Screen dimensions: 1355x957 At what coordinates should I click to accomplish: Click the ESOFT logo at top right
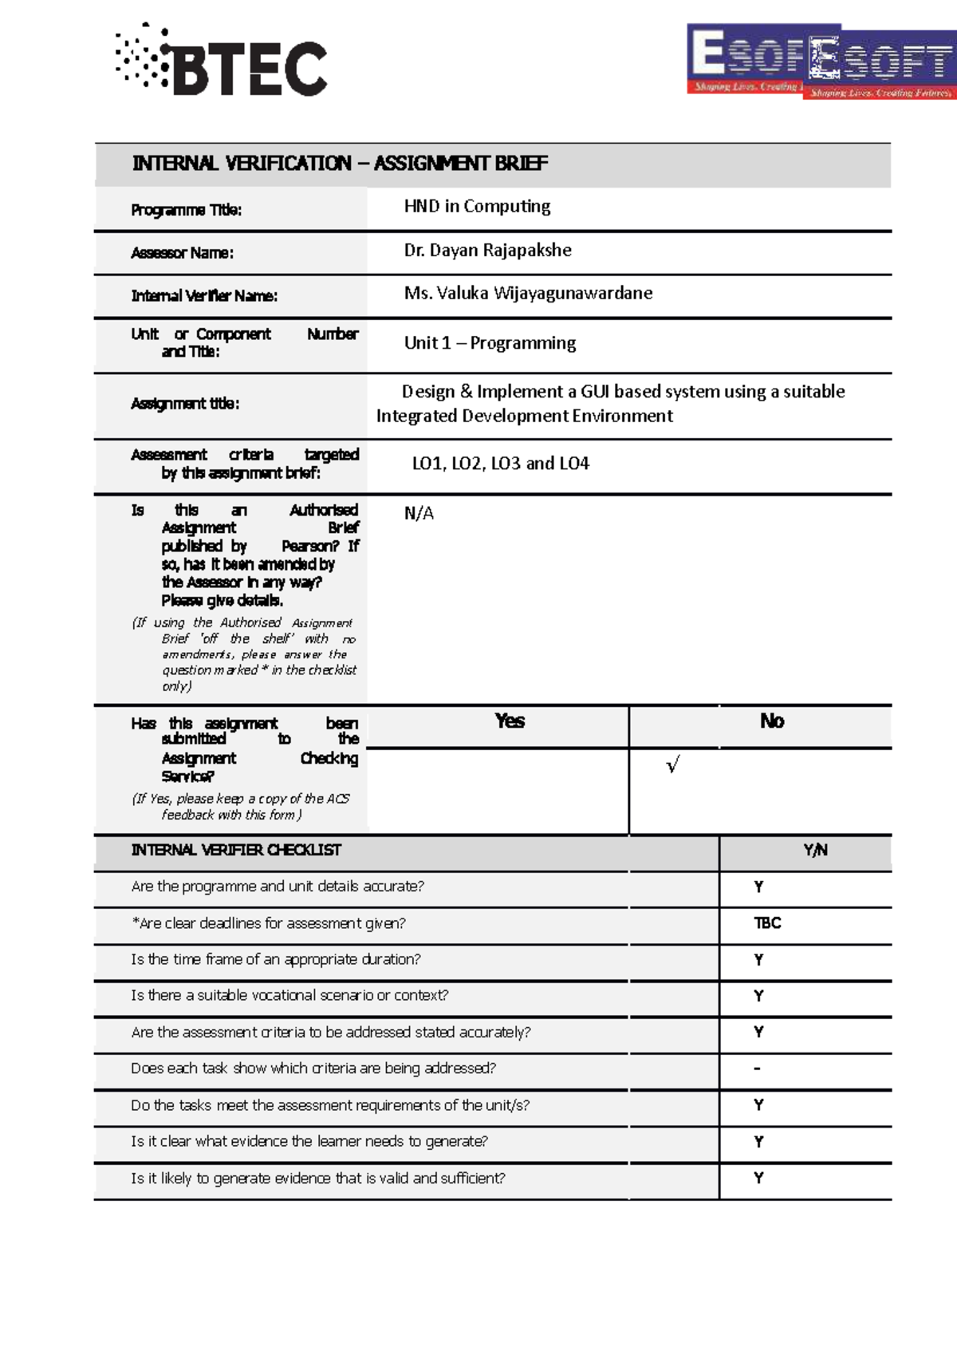click(821, 62)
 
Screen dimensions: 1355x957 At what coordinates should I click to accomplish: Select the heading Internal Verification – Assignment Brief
click(340, 164)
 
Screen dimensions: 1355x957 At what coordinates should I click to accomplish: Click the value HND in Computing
click(477, 207)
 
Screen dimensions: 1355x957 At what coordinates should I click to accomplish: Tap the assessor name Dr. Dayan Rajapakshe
click(487, 251)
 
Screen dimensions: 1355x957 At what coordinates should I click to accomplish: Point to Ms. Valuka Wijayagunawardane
click(528, 294)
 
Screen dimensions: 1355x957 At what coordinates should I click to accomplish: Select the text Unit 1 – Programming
click(490, 343)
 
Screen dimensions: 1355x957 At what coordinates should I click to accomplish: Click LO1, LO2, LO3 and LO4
click(500, 464)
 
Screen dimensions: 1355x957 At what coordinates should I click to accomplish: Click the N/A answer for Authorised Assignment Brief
click(419, 513)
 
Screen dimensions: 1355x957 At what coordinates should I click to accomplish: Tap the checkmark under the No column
click(672, 766)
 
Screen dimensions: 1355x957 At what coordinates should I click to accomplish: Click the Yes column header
click(509, 721)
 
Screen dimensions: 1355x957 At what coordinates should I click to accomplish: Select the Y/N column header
click(815, 851)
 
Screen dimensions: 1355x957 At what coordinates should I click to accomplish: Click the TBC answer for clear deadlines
click(767, 923)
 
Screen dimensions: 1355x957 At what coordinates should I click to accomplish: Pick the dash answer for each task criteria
click(757, 1069)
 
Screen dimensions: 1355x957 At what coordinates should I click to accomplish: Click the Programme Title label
click(186, 211)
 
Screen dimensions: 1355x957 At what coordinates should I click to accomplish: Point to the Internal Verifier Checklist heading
click(236, 851)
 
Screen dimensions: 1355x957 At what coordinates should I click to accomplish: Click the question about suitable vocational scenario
click(289, 996)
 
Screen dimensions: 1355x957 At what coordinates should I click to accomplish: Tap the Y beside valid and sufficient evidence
click(758, 1178)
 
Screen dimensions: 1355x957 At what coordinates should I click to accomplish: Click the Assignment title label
click(185, 404)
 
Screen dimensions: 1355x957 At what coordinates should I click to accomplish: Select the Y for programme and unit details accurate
click(758, 887)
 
